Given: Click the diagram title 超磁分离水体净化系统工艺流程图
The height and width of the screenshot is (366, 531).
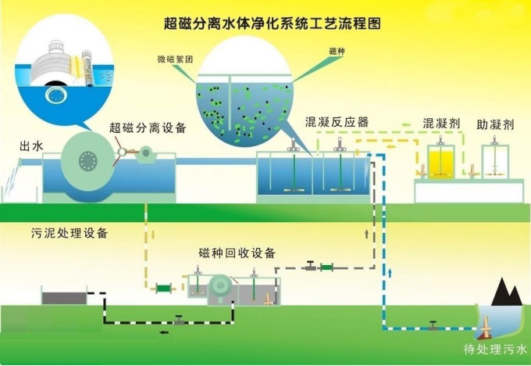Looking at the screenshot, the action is [x=273, y=23].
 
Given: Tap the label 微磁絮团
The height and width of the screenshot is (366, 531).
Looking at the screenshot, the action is [x=175, y=59].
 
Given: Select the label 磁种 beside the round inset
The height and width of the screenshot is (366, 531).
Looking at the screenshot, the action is [x=337, y=51].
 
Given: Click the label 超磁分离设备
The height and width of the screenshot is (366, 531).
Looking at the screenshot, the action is [x=148, y=128].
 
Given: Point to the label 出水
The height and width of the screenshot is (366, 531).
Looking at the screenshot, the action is [x=31, y=146].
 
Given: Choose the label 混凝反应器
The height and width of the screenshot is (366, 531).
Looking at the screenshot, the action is [x=337, y=122].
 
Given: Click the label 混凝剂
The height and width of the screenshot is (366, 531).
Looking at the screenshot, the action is [x=441, y=123].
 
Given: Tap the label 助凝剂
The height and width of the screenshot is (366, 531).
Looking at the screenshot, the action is [x=495, y=124].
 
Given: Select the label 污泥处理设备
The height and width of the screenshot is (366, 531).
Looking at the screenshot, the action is [x=69, y=233].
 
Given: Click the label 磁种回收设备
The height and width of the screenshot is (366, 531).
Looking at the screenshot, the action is [x=237, y=253].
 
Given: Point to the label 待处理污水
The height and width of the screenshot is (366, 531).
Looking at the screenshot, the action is [x=495, y=349].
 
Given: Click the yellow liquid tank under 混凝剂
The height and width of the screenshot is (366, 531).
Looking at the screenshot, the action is [x=441, y=162].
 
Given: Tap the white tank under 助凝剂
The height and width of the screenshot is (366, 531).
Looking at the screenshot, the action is [x=495, y=162].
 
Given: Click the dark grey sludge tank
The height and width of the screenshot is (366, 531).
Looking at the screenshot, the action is [x=64, y=297].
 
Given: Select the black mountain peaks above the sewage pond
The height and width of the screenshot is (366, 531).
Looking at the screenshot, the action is [x=507, y=292].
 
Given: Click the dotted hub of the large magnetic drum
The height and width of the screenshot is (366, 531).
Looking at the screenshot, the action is [x=88, y=161].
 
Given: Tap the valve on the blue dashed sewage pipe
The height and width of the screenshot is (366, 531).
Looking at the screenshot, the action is [x=433, y=325].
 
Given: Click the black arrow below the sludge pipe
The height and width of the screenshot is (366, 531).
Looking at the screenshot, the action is [x=164, y=332].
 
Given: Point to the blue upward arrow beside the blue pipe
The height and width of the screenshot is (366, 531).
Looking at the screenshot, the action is [x=390, y=273].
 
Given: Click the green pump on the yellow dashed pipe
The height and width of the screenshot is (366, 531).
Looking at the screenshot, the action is [x=163, y=289].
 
